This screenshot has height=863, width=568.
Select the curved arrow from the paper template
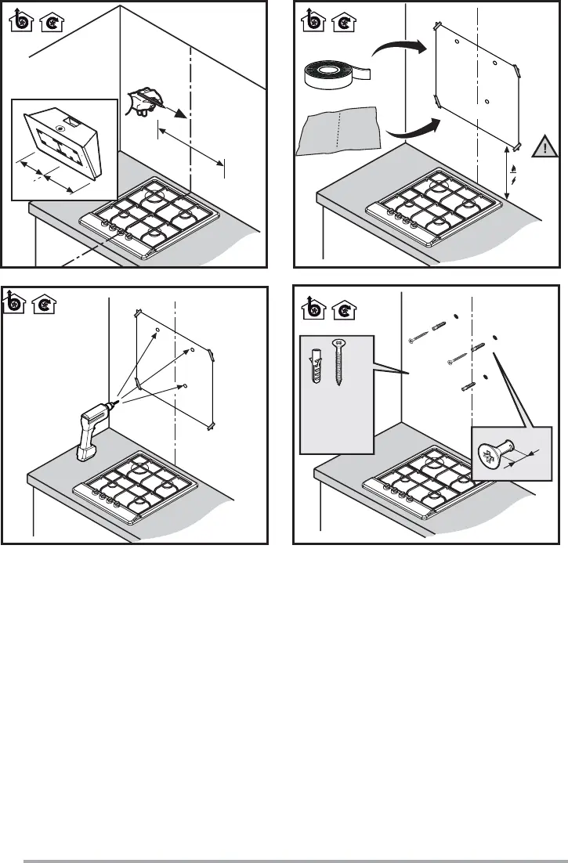click(x=407, y=130)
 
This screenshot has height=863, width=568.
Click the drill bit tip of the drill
click(x=117, y=403)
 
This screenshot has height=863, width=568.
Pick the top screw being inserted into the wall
click(x=419, y=337)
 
